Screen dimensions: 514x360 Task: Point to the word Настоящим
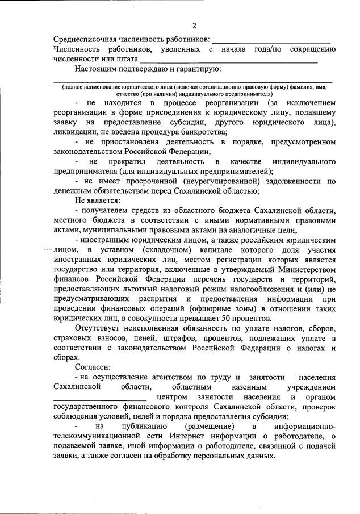pos(96,69)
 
